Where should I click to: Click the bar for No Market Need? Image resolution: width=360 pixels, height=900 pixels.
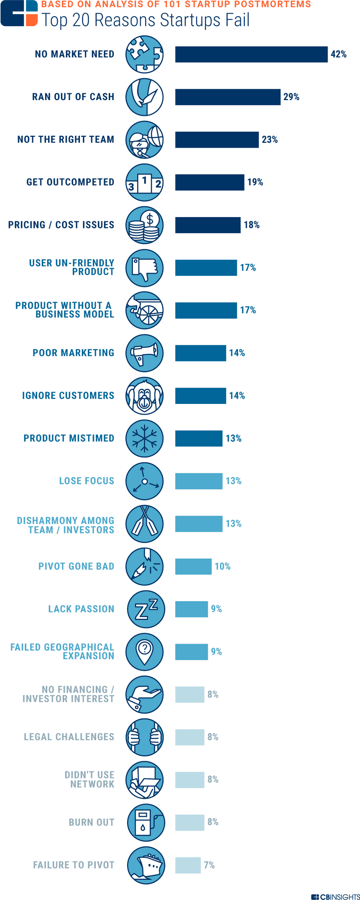[251, 54]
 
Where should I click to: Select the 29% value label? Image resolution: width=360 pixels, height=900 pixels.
[291, 97]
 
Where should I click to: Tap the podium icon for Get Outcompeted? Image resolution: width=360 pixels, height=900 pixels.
[144, 183]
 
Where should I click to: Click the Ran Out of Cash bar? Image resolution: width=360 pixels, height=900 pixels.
[228, 97]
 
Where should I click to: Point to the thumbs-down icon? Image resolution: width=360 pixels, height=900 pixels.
[144, 268]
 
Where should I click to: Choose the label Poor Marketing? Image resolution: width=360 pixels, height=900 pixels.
[73, 353]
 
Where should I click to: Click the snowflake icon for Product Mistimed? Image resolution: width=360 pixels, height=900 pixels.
[144, 438]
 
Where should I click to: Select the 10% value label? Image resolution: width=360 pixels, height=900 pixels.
[222, 566]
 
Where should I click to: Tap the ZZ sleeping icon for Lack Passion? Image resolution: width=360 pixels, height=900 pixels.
[146, 609]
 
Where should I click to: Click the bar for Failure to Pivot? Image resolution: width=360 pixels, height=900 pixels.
[188, 865]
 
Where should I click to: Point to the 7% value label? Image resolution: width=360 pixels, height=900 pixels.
[209, 865]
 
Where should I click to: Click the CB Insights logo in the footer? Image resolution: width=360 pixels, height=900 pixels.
[336, 897]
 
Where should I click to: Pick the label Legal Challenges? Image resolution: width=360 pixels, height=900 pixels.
[69, 737]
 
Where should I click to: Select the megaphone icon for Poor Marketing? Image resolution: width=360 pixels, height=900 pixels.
[144, 353]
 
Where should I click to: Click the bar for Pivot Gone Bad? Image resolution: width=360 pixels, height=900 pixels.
[193, 566]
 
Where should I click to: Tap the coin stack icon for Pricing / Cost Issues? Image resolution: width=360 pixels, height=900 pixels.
[144, 225]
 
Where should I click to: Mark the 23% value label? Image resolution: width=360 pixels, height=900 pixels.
[270, 140]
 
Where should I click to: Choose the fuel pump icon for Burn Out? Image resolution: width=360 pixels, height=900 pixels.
[146, 822]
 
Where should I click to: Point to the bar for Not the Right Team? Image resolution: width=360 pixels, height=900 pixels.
[217, 140]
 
